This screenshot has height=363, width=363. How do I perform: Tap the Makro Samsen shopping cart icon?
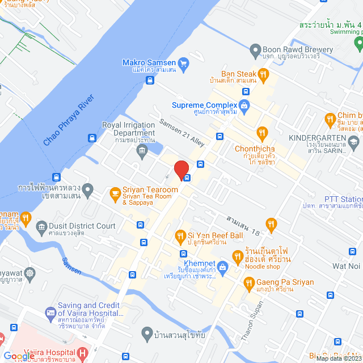tap(183, 62)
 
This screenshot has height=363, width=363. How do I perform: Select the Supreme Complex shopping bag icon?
tap(244, 105)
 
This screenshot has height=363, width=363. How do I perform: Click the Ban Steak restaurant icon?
tap(263, 74)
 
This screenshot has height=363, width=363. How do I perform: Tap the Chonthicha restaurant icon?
tap(261, 134)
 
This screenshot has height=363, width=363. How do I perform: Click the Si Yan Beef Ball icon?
tap(180, 235)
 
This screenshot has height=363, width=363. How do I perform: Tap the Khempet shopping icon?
tap(222, 265)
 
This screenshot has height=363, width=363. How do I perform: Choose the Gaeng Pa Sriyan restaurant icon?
tap(248, 282)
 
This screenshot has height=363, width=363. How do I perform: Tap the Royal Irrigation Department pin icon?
tap(142, 150)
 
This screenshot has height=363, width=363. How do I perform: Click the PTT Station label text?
tap(344, 199)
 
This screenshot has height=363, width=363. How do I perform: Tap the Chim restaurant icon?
tap(331, 120)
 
